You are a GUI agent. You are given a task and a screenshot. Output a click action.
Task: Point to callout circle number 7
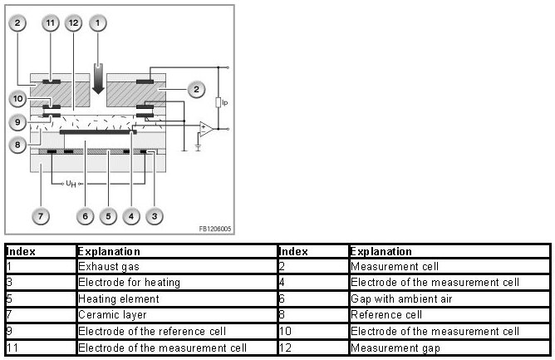pos(42,217)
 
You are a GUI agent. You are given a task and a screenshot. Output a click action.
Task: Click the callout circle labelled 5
pos(107,217)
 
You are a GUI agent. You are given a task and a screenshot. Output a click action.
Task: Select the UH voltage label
pos(72,185)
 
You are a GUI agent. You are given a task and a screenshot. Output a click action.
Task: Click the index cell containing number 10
pos(285,331)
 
